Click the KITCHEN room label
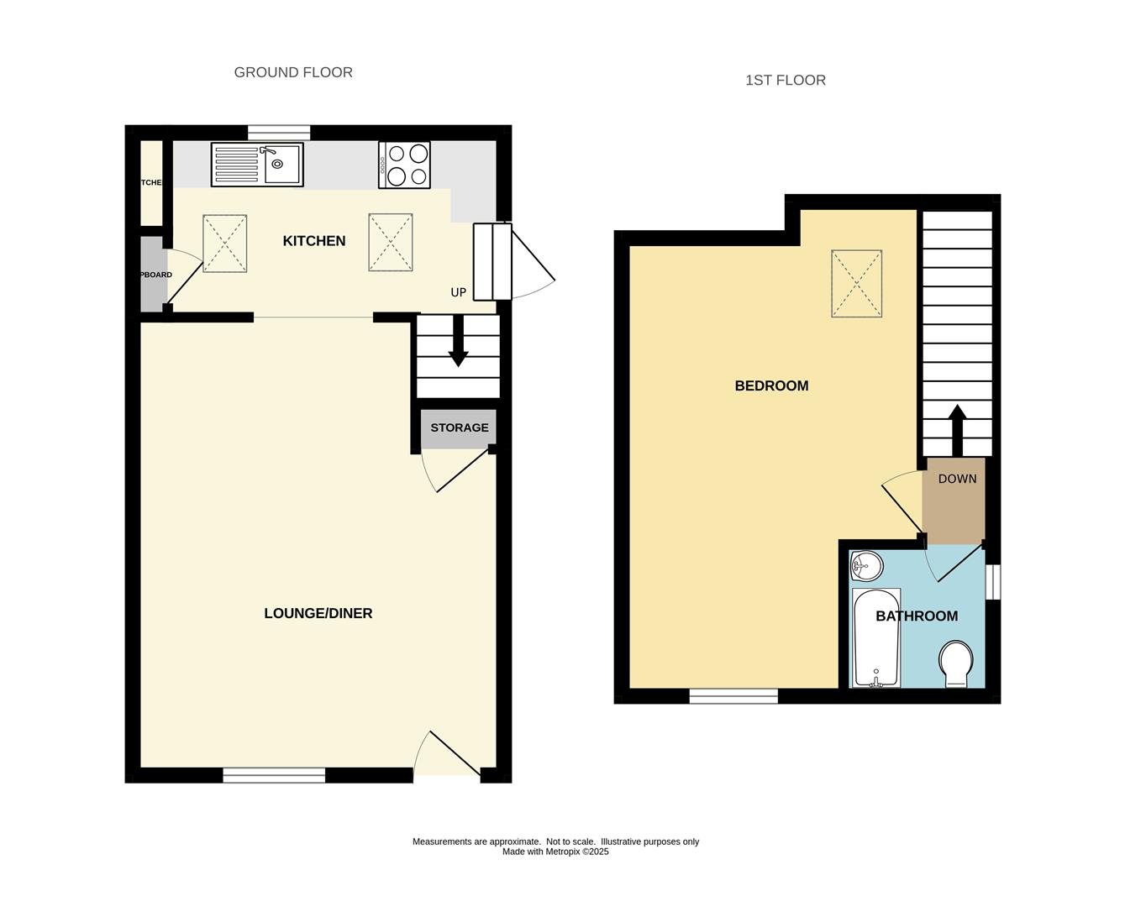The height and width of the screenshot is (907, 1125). click(x=313, y=241)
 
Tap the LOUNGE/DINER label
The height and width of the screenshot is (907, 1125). click(x=318, y=613)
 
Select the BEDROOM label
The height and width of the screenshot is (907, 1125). click(x=771, y=386)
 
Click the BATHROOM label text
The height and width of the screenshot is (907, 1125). click(x=917, y=616)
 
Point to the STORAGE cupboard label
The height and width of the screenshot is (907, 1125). click(x=459, y=427)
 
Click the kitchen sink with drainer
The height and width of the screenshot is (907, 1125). click(x=257, y=164)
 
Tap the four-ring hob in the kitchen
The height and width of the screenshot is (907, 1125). click(x=405, y=165)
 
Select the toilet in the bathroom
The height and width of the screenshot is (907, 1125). click(x=955, y=664)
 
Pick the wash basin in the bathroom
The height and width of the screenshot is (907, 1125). click(x=865, y=567)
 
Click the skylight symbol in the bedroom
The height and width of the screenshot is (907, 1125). click(x=856, y=283)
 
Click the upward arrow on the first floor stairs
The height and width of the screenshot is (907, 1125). click(x=956, y=430)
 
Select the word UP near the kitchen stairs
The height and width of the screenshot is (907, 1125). click(x=458, y=293)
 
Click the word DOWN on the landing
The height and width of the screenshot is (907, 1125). click(x=957, y=479)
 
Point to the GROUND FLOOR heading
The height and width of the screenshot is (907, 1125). click(x=293, y=72)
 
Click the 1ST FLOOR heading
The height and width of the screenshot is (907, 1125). click(x=785, y=81)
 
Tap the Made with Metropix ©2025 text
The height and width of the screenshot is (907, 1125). click(x=555, y=852)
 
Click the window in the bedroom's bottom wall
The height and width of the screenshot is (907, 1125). click(x=733, y=695)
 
